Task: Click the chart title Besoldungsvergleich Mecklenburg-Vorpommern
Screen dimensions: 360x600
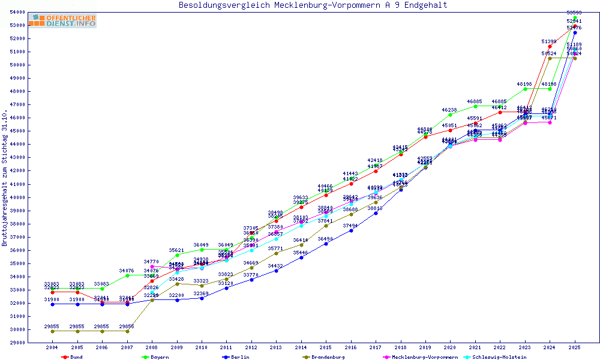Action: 313,5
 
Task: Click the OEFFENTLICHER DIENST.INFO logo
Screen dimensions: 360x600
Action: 62,21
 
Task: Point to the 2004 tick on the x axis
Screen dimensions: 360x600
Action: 52,347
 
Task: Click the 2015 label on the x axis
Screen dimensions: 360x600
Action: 326,347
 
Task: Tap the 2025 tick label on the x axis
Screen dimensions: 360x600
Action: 574,347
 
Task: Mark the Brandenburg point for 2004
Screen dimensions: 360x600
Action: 53,331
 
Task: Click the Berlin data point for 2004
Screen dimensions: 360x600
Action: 53,304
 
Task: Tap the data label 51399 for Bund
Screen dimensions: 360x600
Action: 549,41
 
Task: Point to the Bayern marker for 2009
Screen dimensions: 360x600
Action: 177,255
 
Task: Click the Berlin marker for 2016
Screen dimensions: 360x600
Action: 350,230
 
